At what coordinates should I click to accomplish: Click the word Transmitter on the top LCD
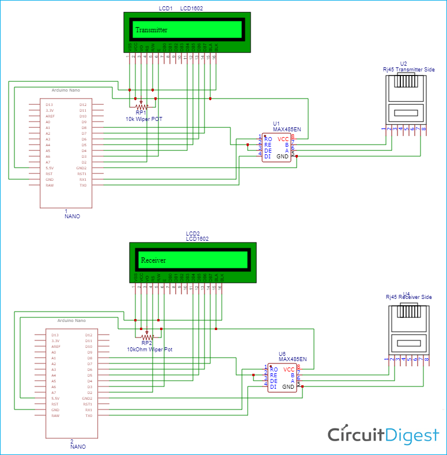click(151, 30)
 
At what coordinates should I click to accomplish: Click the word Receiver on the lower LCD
click(153, 260)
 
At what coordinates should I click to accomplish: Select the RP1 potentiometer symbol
click(141, 107)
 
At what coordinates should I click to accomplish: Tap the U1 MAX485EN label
click(287, 130)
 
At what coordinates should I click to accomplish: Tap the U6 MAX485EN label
click(293, 359)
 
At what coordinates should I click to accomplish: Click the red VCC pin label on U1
click(283, 139)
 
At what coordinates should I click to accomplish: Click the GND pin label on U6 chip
click(288, 387)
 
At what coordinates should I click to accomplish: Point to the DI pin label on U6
click(273, 387)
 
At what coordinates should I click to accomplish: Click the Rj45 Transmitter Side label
click(408, 69)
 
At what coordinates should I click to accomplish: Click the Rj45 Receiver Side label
click(408, 297)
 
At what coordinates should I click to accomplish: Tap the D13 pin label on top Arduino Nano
click(50, 105)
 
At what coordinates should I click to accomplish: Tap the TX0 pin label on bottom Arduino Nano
click(89, 415)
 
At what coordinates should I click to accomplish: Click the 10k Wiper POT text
click(145, 119)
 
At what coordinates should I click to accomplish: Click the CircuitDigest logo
click(383, 435)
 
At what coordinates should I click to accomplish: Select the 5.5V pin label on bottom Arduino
click(55, 398)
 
